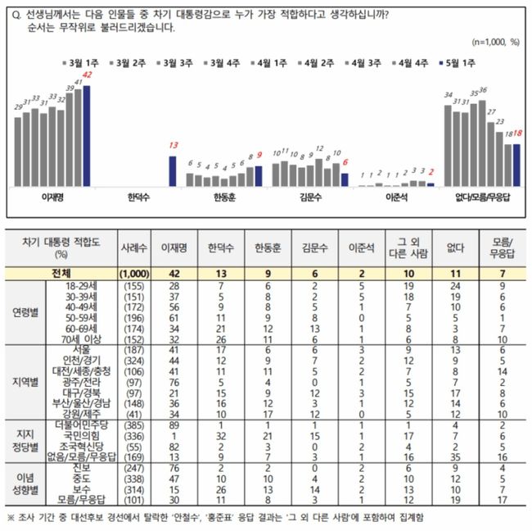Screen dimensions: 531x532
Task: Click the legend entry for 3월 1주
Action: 82,61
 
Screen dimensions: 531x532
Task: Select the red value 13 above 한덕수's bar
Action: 173,145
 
